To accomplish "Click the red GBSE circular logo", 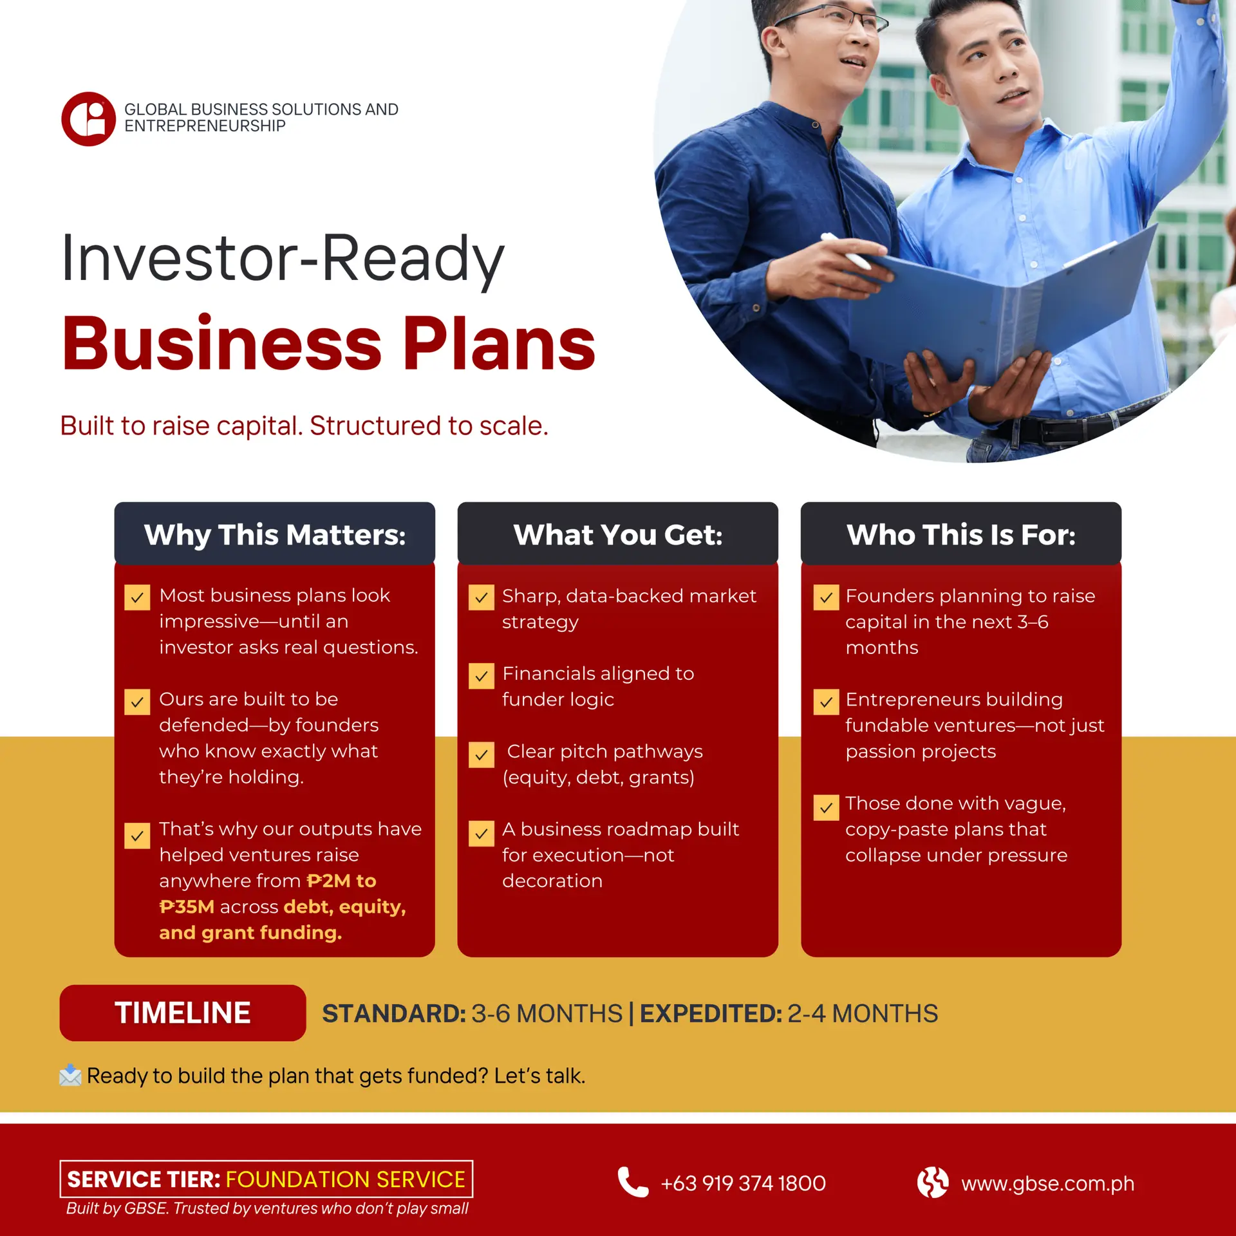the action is (x=89, y=119).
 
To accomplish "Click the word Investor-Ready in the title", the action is (x=283, y=259).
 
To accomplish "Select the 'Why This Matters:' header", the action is (x=275, y=534).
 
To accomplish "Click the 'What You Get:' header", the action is (x=618, y=534).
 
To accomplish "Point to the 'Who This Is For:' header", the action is (x=961, y=534).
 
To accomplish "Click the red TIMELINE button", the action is (x=183, y=1013).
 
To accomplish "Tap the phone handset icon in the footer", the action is (x=633, y=1182).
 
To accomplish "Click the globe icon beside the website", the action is (x=933, y=1182).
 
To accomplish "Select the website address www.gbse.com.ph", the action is (x=1048, y=1183).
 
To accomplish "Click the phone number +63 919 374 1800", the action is (x=744, y=1183).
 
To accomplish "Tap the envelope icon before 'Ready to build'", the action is (x=70, y=1075).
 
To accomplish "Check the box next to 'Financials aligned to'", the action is (x=482, y=676).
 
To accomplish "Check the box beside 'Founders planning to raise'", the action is (x=826, y=597).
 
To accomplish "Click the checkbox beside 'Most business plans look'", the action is (x=137, y=597).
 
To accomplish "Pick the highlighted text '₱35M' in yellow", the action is (x=187, y=906).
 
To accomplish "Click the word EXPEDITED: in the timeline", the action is (x=711, y=1013).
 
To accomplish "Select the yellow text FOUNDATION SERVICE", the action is (x=346, y=1179).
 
